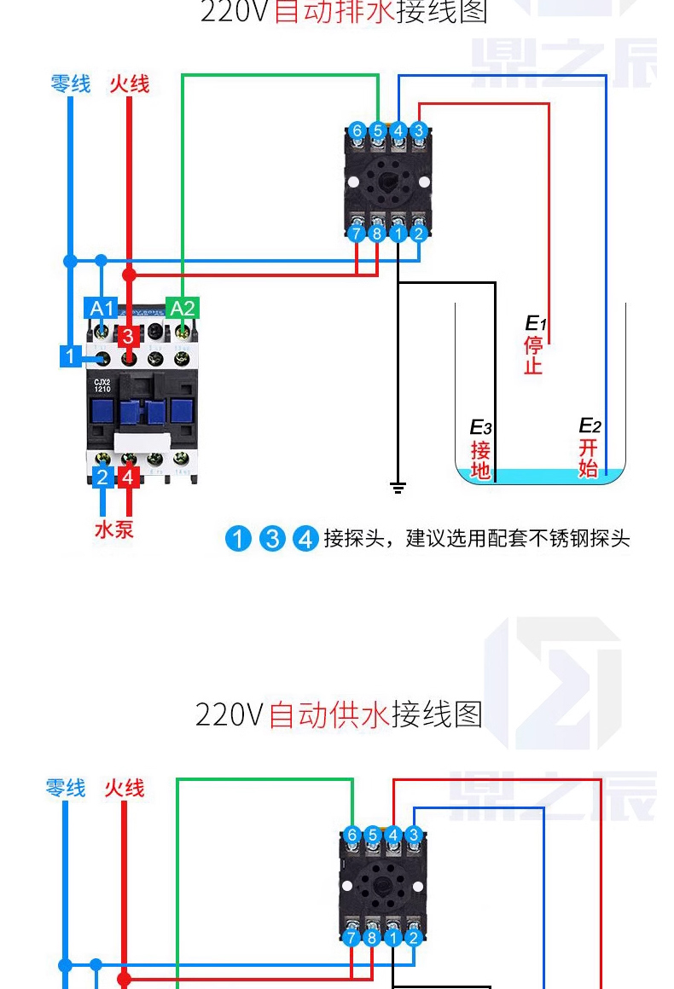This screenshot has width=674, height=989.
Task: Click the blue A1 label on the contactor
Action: pos(102,308)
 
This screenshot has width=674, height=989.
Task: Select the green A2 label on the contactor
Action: pos(183,308)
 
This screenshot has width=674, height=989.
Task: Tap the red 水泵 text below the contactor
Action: pos(113,529)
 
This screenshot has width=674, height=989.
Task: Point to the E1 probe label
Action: pos(535,324)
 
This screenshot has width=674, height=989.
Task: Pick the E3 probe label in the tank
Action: pos(481,427)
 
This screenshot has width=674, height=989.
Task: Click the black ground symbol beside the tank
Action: pos(398,488)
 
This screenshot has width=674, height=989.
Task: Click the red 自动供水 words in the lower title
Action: pos(329,714)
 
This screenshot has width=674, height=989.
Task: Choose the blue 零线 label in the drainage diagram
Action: pos(70,84)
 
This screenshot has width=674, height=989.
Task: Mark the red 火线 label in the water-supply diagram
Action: pos(125,788)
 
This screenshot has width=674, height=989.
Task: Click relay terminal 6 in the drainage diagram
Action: pos(357,131)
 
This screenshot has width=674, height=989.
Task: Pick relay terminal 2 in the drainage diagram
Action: pos(418,233)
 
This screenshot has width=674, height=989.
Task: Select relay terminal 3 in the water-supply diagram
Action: pos(414,835)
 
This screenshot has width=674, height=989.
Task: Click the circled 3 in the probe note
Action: pos(272,539)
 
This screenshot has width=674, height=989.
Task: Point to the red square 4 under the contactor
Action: pos(128,477)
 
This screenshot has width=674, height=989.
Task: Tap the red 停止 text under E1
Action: pos(533,356)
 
